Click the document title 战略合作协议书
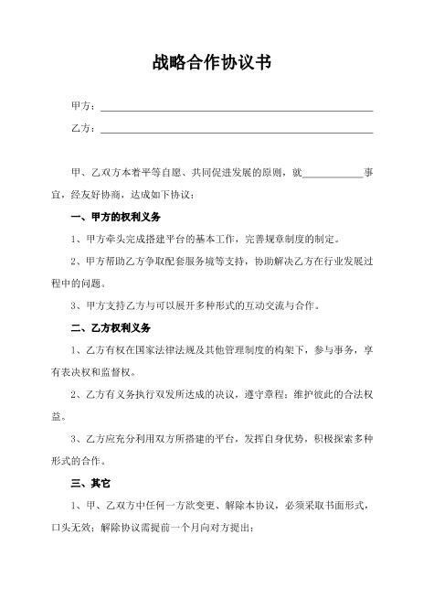click(x=211, y=65)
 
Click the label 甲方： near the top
click(x=83, y=108)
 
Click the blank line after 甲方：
click(x=236, y=110)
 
